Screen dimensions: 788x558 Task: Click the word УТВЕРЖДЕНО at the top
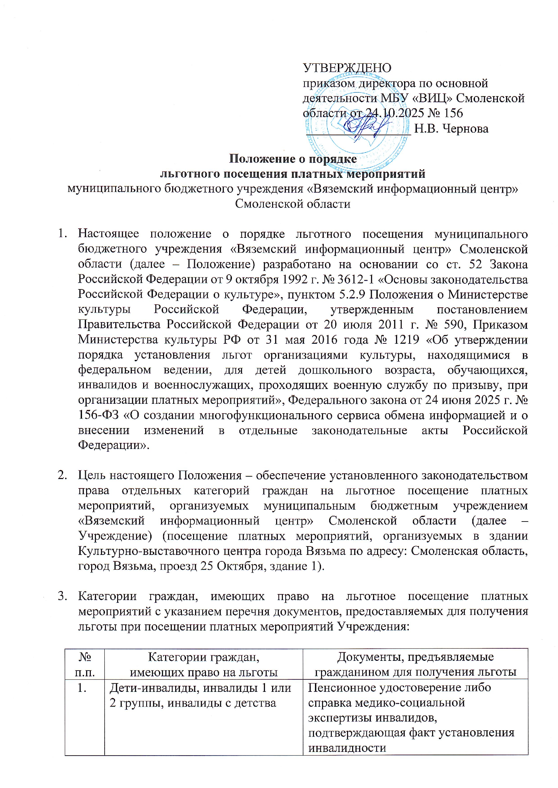pos(347,68)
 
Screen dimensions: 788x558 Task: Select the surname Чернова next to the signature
pos(466,129)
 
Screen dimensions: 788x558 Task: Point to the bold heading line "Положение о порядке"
pos(293,159)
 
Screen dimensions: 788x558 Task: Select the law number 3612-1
pos(355,279)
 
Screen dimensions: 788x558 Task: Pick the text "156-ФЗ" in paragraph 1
pos(98,415)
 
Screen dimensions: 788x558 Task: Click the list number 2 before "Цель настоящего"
pos(62,476)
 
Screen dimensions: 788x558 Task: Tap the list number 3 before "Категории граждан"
pos(62,596)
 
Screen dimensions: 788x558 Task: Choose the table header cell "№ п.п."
pos(84,665)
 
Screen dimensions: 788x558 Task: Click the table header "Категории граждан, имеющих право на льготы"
pos(204,665)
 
